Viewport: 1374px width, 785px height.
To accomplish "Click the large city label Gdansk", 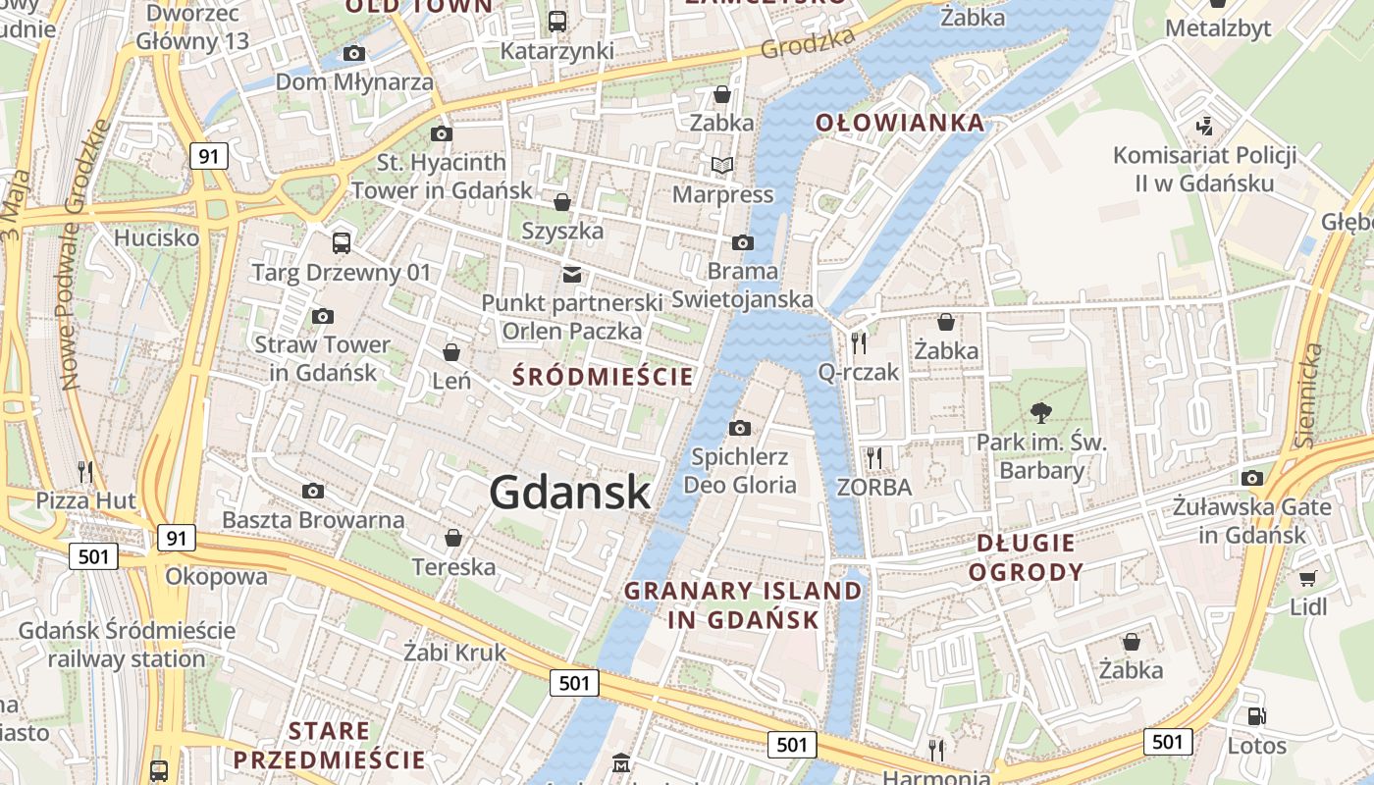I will [569, 492].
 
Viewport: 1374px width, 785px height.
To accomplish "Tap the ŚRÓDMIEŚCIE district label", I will [604, 377].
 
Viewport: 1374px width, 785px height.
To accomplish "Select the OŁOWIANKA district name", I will [900, 123].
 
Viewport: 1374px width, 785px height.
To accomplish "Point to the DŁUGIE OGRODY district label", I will [1026, 556].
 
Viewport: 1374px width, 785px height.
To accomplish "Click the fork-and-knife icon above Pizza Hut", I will [85, 472].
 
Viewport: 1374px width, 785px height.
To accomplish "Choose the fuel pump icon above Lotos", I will [1255, 717].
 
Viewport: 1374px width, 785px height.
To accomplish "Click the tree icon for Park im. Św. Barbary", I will [1041, 413].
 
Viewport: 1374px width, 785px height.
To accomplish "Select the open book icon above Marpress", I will [722, 166].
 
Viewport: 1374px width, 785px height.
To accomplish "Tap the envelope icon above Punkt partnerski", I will [571, 275].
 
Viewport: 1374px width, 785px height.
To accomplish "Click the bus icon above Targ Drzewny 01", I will [342, 242].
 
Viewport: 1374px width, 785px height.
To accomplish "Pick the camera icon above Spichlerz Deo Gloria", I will [740, 428].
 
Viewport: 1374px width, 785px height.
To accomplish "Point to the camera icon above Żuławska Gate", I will [1252, 478].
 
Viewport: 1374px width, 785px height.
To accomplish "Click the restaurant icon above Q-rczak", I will [859, 342].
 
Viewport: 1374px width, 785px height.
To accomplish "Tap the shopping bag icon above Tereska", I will [453, 538].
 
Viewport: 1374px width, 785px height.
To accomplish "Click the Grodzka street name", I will [808, 42].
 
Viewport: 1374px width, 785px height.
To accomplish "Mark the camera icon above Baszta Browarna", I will [313, 491].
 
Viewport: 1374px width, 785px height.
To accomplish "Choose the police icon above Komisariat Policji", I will [1205, 126].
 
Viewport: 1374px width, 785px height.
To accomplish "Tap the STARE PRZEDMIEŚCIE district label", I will [330, 745].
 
